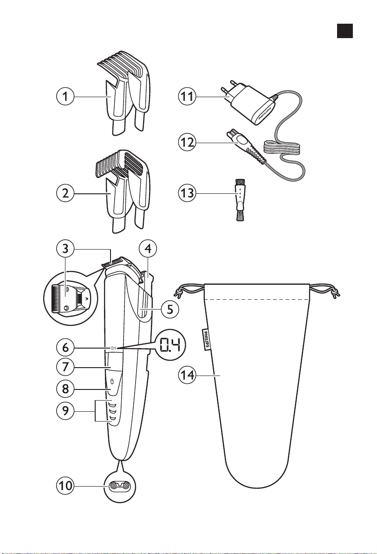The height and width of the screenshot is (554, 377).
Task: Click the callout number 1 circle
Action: point(65,96)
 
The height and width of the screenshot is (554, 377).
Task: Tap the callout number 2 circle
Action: point(65,193)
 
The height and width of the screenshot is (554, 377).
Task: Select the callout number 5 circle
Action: point(170,310)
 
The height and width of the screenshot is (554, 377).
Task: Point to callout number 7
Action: point(65,366)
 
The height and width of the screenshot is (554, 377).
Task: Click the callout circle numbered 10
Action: point(65,486)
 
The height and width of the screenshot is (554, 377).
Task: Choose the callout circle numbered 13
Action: point(187,193)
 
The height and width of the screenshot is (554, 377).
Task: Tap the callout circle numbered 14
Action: point(187,375)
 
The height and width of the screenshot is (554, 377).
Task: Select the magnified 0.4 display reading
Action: point(170,345)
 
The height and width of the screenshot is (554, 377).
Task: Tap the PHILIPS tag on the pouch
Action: point(205,340)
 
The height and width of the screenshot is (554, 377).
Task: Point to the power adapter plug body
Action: point(249,105)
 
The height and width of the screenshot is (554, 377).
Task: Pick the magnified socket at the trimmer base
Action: point(120,487)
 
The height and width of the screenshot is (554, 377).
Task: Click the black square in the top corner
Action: point(344,31)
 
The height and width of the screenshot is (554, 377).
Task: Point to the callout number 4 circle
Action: point(148,249)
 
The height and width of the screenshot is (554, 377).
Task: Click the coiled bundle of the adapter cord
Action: point(282,148)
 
